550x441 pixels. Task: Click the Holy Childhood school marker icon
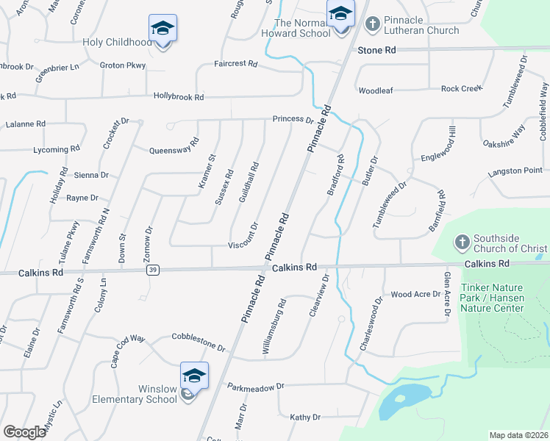pos(162,29)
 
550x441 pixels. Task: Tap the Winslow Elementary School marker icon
pos(195,376)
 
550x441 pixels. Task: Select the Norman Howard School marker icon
pos(340,15)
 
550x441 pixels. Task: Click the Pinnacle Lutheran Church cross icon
pos(373,24)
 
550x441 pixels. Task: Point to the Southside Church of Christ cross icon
pos(462,242)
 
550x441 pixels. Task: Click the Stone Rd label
pos(376,50)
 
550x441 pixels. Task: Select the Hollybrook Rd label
pos(179,96)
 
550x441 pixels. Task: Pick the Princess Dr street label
pos(293,119)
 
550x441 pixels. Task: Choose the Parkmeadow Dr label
pos(255,387)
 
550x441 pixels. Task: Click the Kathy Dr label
pos(305,417)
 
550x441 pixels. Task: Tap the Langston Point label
pos(515,171)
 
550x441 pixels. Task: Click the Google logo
pos(25,432)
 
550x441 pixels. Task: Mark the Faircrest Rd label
pos(235,65)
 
